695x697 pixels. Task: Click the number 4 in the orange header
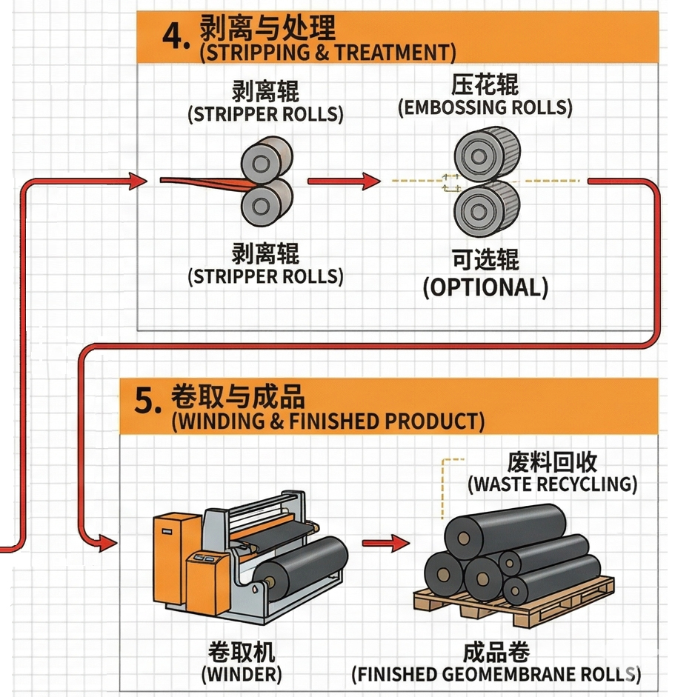coord(175,36)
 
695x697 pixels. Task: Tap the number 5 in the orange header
coord(147,401)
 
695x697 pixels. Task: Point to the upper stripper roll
coord(266,156)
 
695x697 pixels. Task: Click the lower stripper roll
coord(266,200)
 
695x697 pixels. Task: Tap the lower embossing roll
coord(486,204)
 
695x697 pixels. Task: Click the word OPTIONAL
coord(485,287)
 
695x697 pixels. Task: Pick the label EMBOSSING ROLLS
coord(485,107)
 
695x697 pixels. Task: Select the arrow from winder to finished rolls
coord(385,543)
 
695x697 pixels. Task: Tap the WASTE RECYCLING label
coord(552,484)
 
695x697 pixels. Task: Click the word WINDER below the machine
coord(241,675)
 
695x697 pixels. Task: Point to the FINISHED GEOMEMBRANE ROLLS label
coord(496,675)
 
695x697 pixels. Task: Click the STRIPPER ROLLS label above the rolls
coord(265,115)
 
